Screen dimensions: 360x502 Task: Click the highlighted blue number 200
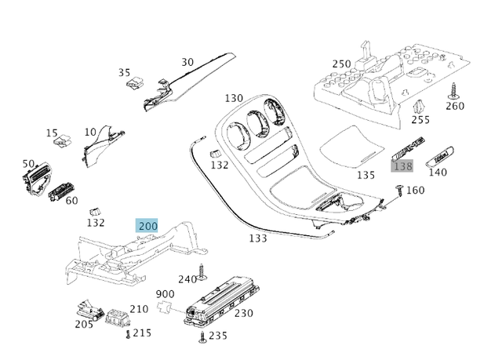(147, 226)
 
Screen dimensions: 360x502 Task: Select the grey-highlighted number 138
(402, 166)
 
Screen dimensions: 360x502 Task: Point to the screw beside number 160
(400, 188)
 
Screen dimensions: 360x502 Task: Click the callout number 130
(234, 98)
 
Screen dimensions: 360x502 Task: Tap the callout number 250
(341, 64)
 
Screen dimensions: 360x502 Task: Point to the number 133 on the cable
(258, 238)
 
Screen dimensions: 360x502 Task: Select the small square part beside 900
(166, 306)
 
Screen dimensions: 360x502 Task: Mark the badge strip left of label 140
(408, 151)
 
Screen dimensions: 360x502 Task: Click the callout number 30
(187, 62)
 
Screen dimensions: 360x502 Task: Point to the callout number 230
(243, 313)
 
